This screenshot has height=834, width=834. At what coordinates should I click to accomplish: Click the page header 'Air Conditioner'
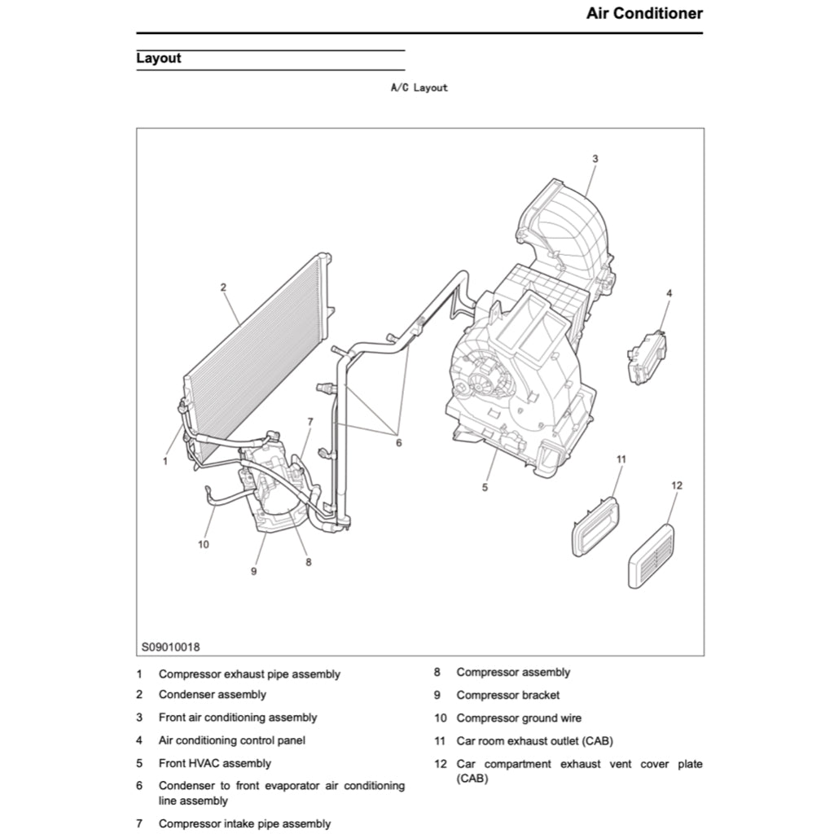point(644,14)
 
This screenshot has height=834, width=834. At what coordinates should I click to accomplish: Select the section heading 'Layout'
point(159,59)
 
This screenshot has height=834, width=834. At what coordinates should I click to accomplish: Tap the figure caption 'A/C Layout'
point(419,88)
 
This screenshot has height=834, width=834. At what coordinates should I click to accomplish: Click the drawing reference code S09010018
point(170,647)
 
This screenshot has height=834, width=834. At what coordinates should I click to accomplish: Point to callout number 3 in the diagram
point(595,159)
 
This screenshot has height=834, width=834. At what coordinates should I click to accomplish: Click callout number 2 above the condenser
point(223,287)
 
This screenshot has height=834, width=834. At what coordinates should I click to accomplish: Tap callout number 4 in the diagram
point(669,292)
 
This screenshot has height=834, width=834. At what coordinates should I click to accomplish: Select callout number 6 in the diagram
point(399,443)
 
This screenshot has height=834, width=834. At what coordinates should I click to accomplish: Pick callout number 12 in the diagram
point(677,485)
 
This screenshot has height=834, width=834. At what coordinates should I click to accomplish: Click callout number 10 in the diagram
point(204,544)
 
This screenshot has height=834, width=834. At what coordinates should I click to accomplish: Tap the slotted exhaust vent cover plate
point(651,556)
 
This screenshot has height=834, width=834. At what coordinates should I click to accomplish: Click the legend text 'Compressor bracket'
point(507,696)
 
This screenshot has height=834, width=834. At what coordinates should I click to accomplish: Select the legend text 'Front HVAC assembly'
point(215,764)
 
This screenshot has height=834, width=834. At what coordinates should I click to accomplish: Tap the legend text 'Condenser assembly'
point(212,695)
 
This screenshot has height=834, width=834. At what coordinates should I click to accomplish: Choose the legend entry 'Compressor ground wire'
point(519,718)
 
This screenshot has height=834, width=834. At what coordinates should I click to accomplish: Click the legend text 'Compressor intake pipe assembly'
point(244,824)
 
